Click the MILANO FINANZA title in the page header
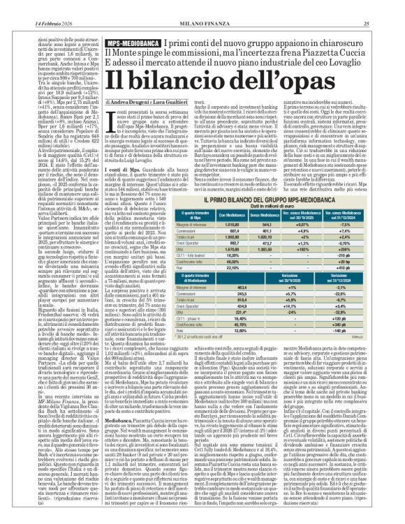tap(202, 6)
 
